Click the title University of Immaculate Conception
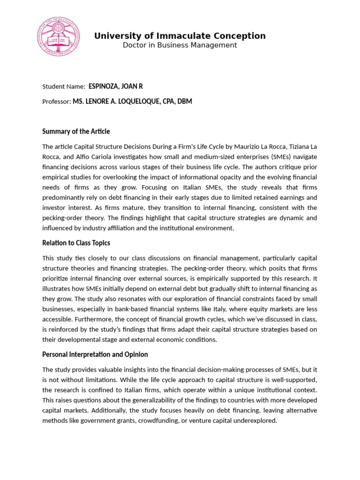(180, 36)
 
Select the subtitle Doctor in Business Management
(180, 45)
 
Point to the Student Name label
(64, 87)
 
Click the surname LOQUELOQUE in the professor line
(136, 102)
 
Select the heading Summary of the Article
(76, 132)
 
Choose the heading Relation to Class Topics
(76, 243)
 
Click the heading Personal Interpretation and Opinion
(95, 354)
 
